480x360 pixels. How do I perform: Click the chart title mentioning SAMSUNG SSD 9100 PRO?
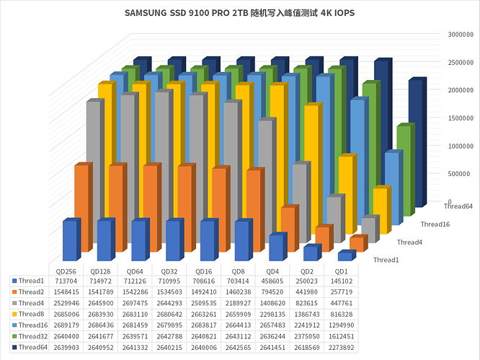click(239, 13)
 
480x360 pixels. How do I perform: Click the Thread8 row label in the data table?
click(31, 314)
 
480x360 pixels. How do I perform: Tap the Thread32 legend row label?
click(32, 335)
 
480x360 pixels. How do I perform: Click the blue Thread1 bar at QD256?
click(69, 240)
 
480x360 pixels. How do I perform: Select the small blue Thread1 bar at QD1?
click(345, 255)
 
